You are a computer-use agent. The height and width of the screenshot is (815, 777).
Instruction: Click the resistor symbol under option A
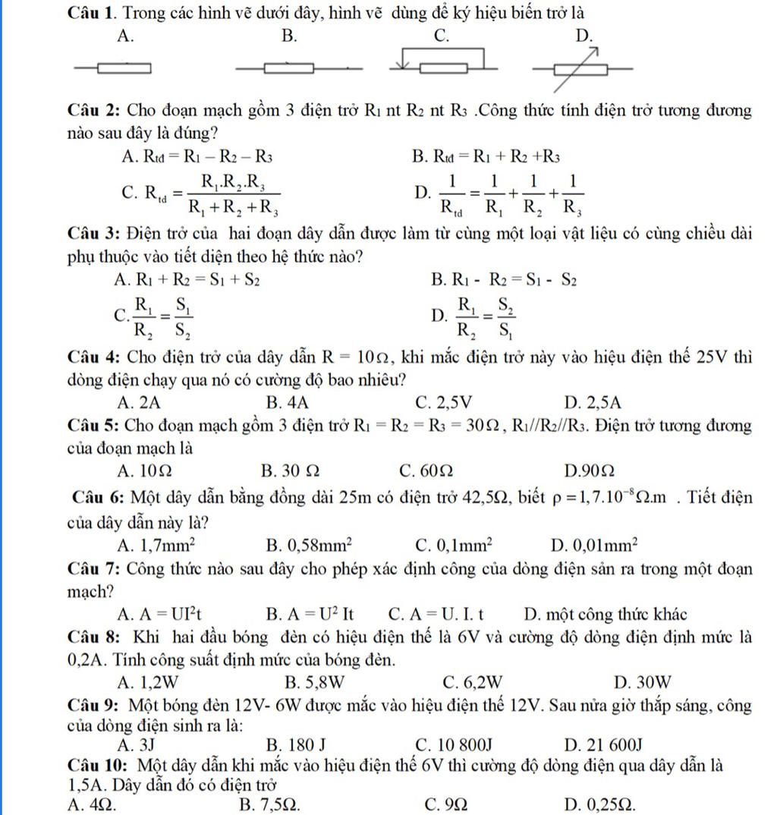click(121, 69)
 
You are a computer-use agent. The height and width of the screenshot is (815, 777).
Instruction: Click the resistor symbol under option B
click(289, 69)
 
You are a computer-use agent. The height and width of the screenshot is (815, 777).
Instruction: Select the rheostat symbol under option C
click(443, 61)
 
